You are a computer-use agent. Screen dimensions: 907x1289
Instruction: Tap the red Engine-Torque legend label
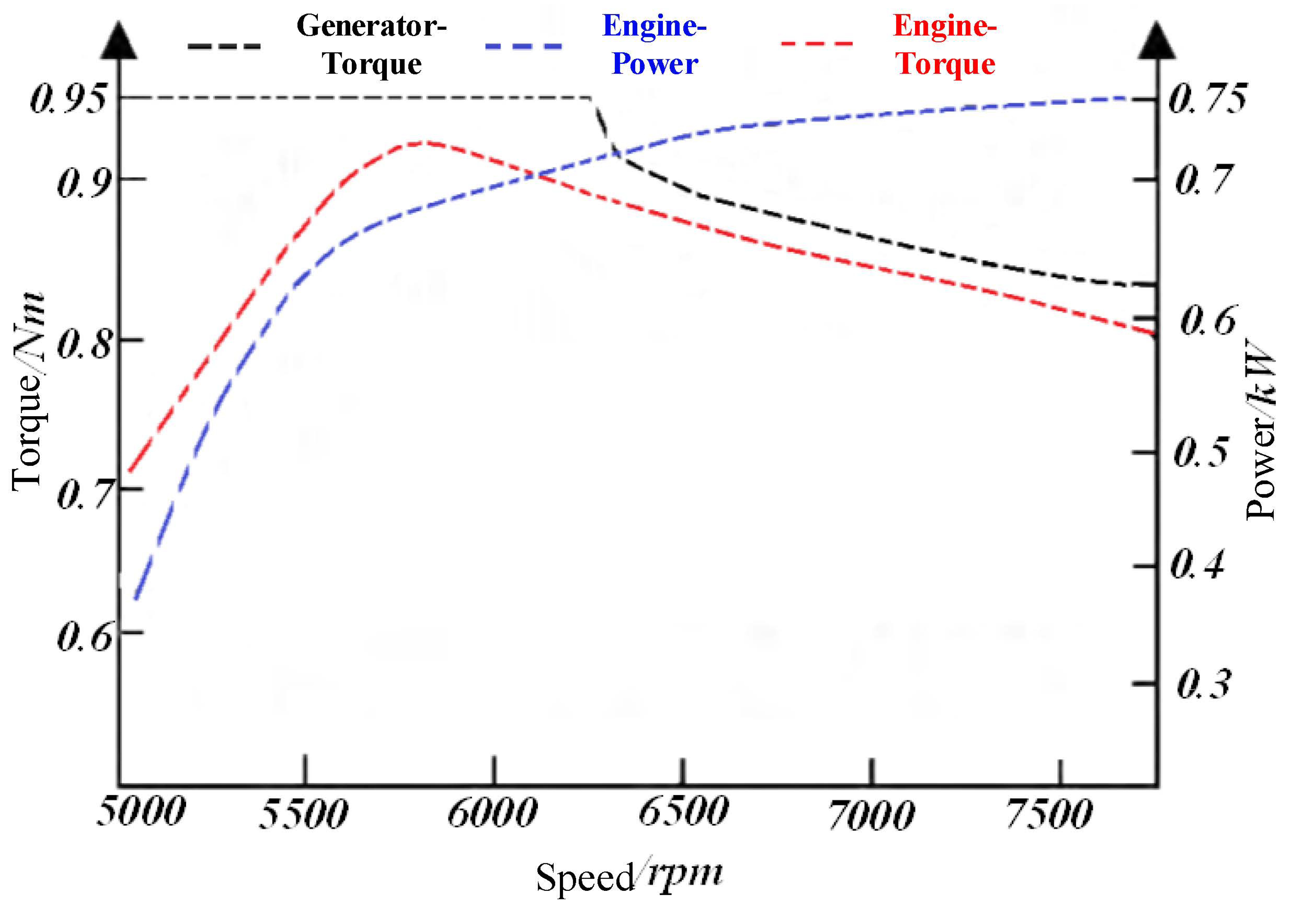click(x=945, y=45)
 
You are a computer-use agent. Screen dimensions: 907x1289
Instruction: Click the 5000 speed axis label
click(x=140, y=812)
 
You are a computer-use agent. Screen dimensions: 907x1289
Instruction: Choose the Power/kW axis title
click(x=1260, y=429)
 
